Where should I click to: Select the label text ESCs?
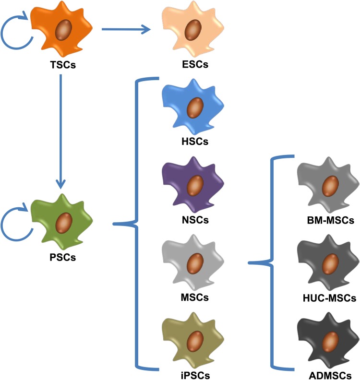click(192, 64)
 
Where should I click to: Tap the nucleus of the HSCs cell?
click(193, 106)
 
